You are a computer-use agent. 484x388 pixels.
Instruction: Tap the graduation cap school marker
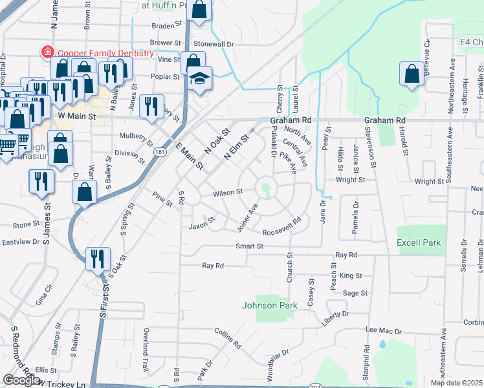201,79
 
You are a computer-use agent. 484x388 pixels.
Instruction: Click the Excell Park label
419,242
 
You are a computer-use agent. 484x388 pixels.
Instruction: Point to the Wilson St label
228,192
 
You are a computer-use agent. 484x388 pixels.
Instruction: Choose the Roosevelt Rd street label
282,226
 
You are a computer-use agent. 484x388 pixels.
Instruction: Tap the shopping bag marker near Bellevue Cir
412,74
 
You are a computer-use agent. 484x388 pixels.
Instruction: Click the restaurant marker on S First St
97,259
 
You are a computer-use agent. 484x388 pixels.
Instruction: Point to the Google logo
21,380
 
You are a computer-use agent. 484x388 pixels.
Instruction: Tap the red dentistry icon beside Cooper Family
47,51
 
